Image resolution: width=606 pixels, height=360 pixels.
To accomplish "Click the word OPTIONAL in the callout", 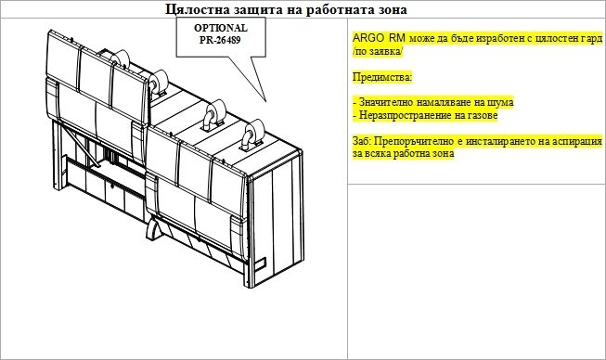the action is (x=221, y=28).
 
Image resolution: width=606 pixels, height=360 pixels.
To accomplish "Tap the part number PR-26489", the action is (x=220, y=40).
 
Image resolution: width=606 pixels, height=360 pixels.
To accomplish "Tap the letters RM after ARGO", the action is (x=397, y=38).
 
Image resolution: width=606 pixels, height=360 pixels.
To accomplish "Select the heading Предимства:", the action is (x=382, y=77).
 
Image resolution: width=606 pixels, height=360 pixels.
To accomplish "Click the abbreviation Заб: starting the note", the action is (x=362, y=141).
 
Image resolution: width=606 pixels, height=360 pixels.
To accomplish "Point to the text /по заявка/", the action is (x=378, y=51).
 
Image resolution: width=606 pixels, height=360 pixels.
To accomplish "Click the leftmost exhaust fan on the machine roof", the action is (x=120, y=60).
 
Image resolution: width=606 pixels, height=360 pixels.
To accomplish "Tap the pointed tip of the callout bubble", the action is (x=266, y=101).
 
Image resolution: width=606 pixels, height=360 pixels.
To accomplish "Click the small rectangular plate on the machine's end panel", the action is (x=260, y=264).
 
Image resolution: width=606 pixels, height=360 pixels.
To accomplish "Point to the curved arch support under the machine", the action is (x=153, y=228).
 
